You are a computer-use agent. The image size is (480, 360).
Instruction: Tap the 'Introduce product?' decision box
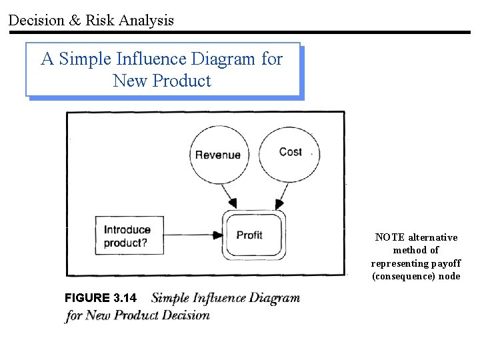coord(129,236)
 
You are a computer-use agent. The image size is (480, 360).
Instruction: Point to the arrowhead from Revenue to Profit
coord(231,202)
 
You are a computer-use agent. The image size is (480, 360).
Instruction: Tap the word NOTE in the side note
coord(390,237)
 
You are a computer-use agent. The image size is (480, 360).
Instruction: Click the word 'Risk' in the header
coord(99,21)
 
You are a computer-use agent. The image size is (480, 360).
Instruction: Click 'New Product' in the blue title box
coord(162,81)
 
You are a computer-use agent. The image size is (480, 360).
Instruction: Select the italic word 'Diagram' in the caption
coord(269,298)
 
